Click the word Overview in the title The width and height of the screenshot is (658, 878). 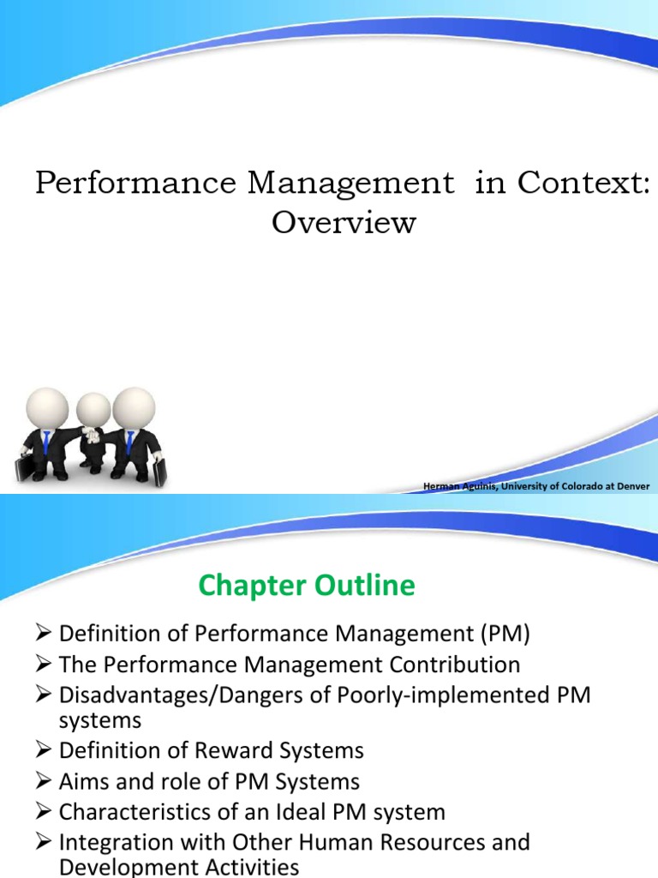(344, 223)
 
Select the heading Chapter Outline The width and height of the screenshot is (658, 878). (307, 586)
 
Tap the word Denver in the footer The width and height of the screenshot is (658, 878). (633, 487)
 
